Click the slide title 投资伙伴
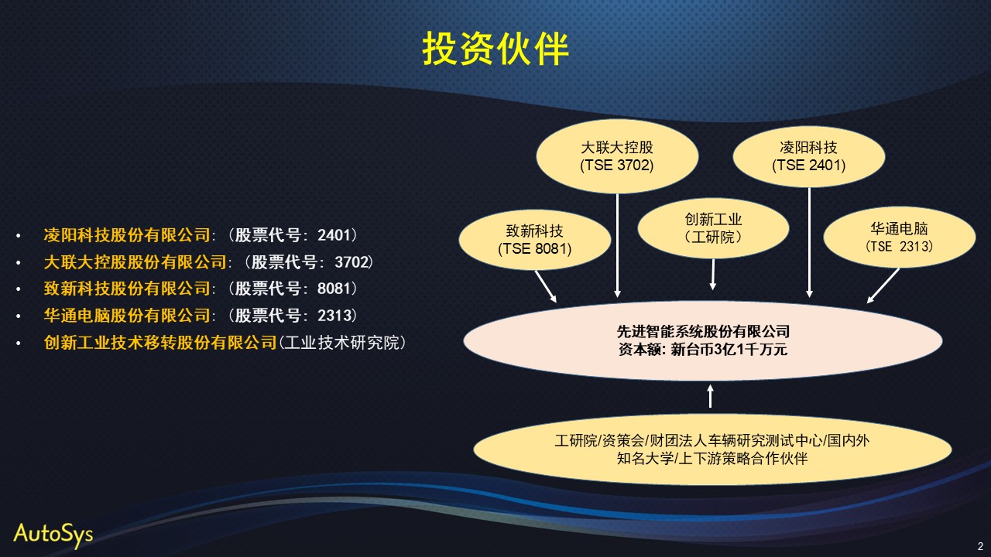click(495, 49)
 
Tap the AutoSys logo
click(53, 535)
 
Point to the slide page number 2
click(980, 546)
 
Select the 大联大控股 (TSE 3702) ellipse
click(617, 156)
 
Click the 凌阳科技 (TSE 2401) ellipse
click(809, 156)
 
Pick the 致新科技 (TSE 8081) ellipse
click(535, 240)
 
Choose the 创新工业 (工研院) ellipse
click(713, 228)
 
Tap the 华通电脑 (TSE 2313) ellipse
click(900, 237)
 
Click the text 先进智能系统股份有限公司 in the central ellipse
click(703, 331)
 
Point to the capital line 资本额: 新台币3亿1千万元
click(703, 350)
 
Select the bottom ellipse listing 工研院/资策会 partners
click(712, 449)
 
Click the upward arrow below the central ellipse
click(711, 396)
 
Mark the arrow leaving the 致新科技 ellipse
click(546, 286)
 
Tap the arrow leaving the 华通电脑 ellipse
click(883, 285)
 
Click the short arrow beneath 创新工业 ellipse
click(713, 275)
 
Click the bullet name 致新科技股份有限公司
click(127, 289)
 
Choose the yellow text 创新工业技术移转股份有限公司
click(160, 343)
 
